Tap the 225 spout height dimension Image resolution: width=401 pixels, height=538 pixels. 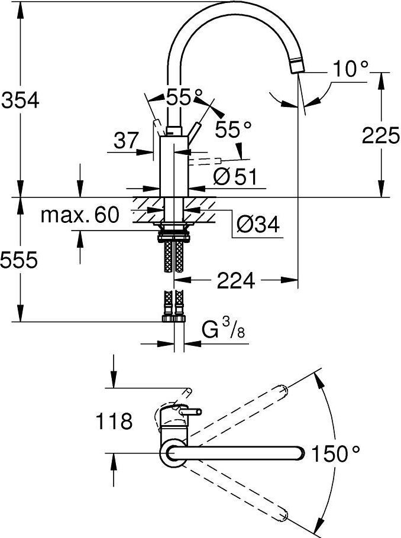coord(381,136)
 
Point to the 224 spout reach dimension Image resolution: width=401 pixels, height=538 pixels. coord(235,281)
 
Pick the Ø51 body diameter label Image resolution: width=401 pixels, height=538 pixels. coord(235,176)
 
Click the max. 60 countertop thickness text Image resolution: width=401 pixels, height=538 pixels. coord(79,215)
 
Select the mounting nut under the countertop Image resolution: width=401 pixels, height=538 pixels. coord(173,231)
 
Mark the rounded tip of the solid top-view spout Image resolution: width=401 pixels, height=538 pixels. coord(301,453)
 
